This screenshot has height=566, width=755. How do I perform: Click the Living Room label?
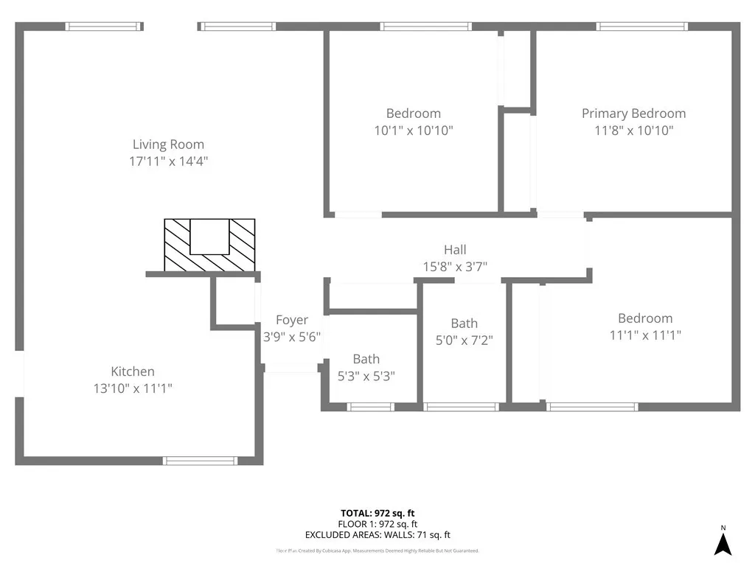168,144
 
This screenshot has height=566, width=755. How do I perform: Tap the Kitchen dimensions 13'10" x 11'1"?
133,388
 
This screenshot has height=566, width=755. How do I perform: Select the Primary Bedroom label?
633,113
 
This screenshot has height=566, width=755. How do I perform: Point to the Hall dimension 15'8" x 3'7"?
455,266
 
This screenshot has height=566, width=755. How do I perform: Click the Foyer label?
292,320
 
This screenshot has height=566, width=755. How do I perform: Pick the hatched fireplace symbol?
209,245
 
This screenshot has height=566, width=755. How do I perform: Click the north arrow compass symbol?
723,544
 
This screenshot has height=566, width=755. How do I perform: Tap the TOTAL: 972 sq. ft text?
377,513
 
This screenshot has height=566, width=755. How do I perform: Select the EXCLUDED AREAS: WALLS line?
377,535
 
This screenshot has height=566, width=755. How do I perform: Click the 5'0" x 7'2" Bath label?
465,323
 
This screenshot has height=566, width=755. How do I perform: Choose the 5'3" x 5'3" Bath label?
366,359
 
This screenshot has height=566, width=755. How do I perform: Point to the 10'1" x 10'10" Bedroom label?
414,113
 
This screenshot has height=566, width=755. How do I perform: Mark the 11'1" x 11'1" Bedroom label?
645,318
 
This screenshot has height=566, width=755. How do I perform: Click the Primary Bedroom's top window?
642,27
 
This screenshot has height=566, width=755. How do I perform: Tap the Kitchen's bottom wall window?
200,461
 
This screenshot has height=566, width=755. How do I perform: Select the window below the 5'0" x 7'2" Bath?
462,406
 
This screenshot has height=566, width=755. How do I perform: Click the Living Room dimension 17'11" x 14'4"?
168,161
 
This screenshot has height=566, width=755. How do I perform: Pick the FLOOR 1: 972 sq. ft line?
377,524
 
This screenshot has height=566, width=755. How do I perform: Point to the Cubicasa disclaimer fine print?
377,551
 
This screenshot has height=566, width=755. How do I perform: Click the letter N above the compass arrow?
723,528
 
